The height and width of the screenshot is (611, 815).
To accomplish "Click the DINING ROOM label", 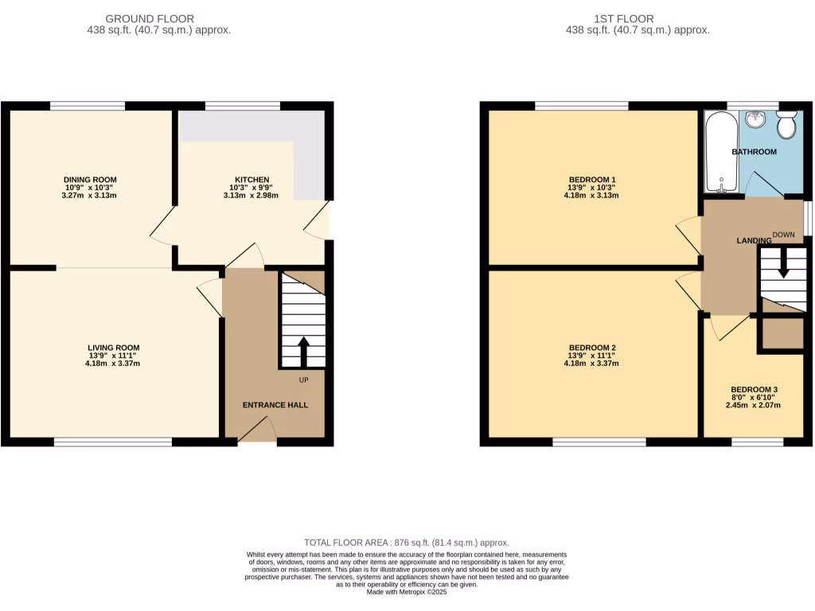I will (90, 180).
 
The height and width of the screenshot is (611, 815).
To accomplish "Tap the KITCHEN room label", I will (252, 180).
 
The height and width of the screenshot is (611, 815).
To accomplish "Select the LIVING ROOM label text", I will (114, 348).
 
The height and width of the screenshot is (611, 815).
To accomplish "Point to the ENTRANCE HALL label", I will (275, 405).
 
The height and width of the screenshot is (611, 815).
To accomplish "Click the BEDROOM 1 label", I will (592, 180).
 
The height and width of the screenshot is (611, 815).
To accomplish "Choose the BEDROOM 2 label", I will (592, 348).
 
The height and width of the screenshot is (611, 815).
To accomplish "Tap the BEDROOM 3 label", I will (753, 390).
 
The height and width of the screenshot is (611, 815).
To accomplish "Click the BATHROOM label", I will (754, 152).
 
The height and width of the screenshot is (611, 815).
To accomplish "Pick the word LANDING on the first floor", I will (754, 240).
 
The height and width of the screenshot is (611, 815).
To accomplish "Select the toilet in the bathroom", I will (786, 125).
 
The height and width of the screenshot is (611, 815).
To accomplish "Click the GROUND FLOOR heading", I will (161, 18).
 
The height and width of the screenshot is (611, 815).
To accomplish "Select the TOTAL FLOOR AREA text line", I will (407, 543).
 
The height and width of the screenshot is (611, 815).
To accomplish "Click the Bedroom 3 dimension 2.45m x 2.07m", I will (753, 405).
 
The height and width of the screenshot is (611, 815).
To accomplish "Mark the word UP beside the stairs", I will (303, 380).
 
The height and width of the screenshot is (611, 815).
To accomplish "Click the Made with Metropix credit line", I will (407, 592).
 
